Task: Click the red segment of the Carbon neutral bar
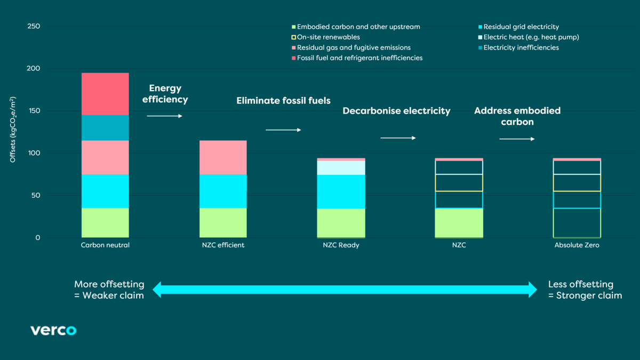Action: click(x=105, y=94)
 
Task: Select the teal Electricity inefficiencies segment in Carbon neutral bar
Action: click(x=105, y=127)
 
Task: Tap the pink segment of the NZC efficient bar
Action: click(x=223, y=157)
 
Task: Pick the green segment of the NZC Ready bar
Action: click(x=341, y=222)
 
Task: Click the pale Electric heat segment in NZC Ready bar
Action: click(x=341, y=167)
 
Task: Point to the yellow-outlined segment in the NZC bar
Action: click(x=459, y=182)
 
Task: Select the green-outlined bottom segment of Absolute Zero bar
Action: click(x=577, y=222)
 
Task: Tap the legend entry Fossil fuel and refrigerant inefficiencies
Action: click(x=359, y=58)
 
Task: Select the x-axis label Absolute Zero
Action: click(x=577, y=245)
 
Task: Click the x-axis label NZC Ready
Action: click(x=341, y=245)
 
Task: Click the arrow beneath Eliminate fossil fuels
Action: click(x=283, y=130)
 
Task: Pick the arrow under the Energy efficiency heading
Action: click(x=164, y=116)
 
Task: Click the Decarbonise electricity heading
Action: click(x=396, y=111)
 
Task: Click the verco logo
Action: click(x=53, y=330)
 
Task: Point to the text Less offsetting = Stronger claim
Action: click(x=585, y=290)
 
